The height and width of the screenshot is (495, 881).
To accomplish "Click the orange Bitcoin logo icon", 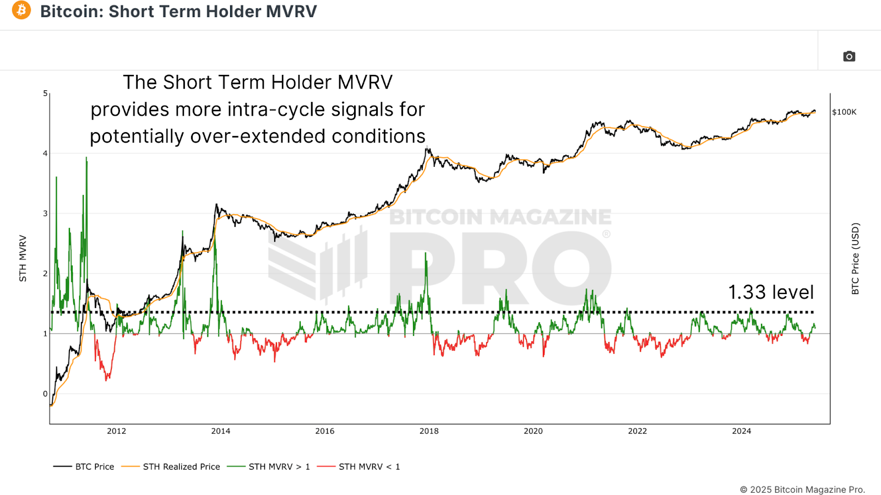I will (x=21, y=10).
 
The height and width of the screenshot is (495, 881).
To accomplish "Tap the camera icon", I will (x=849, y=56).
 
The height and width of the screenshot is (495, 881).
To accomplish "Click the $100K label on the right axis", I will (x=844, y=112).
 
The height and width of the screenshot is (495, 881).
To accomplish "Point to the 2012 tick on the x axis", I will (x=116, y=431).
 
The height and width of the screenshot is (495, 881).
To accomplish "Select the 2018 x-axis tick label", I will (x=429, y=431).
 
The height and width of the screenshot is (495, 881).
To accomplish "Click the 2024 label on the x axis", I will (x=741, y=431).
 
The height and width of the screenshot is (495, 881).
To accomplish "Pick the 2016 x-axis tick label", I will (x=325, y=431).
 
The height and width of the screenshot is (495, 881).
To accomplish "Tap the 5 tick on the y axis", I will (x=45, y=94).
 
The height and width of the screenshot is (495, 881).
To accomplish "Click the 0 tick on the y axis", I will (x=45, y=394).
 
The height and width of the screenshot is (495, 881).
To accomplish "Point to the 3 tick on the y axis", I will (x=45, y=214).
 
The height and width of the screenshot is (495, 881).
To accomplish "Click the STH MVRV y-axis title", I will (x=23, y=258).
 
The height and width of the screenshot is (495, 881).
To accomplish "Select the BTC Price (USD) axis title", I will (x=855, y=258).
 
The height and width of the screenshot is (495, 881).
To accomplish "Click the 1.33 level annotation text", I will (x=770, y=292).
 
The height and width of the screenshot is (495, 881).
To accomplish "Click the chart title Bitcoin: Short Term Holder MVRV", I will (x=178, y=12).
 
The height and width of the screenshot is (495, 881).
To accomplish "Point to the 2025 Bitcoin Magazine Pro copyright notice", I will (x=802, y=489).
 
